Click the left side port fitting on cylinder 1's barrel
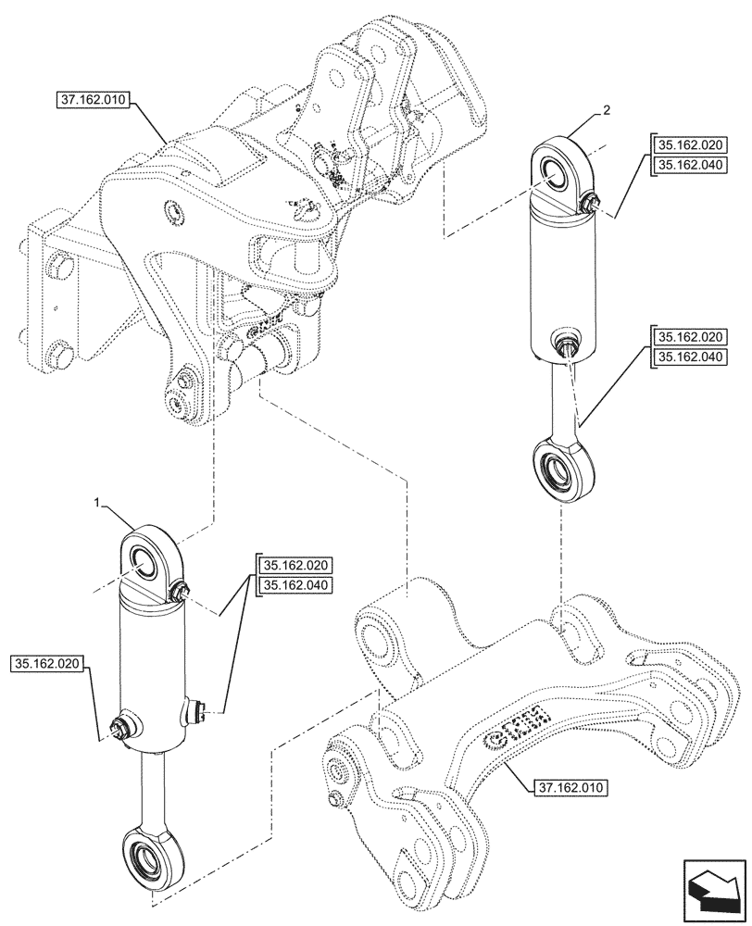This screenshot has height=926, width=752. pyautogui.click(x=119, y=728)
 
